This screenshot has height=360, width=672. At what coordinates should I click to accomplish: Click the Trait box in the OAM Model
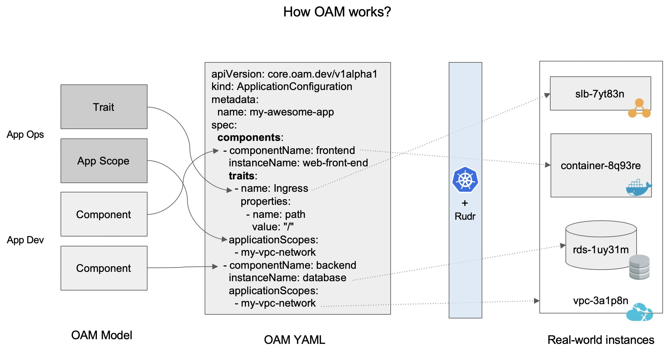pos(104,107)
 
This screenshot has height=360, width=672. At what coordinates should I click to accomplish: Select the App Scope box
pos(104,161)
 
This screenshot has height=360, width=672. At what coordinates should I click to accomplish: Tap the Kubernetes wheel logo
pos(465,180)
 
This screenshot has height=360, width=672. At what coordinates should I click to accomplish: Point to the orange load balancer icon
pos(639,108)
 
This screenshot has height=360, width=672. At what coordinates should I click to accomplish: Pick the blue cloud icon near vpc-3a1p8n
pos(639,312)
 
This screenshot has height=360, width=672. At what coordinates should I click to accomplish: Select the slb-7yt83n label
pos(600,94)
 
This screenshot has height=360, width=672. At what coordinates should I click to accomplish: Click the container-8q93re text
pos(601,166)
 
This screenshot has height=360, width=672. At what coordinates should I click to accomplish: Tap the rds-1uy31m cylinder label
pos(601,250)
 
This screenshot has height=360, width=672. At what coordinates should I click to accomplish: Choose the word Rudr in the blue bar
pos(465,216)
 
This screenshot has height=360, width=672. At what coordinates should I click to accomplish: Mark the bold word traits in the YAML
pos(242,176)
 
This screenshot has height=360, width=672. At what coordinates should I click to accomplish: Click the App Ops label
pos(25,135)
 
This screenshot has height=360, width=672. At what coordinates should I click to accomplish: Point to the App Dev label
pos(25,240)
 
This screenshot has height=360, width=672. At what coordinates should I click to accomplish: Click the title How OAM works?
pos(337,12)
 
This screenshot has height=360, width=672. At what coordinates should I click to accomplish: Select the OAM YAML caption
pos(294,340)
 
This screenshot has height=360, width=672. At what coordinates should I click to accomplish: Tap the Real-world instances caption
pos(601,340)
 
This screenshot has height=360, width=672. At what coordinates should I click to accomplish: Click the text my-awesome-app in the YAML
pos(292,112)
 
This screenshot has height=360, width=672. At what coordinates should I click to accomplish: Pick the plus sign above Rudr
pos(465,203)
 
